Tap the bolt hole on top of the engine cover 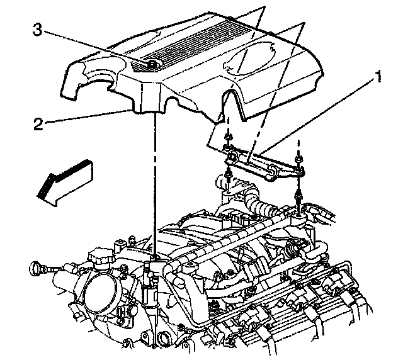(x=152, y=65)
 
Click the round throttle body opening (x=100, y=293)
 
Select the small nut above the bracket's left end (x=229, y=138)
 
